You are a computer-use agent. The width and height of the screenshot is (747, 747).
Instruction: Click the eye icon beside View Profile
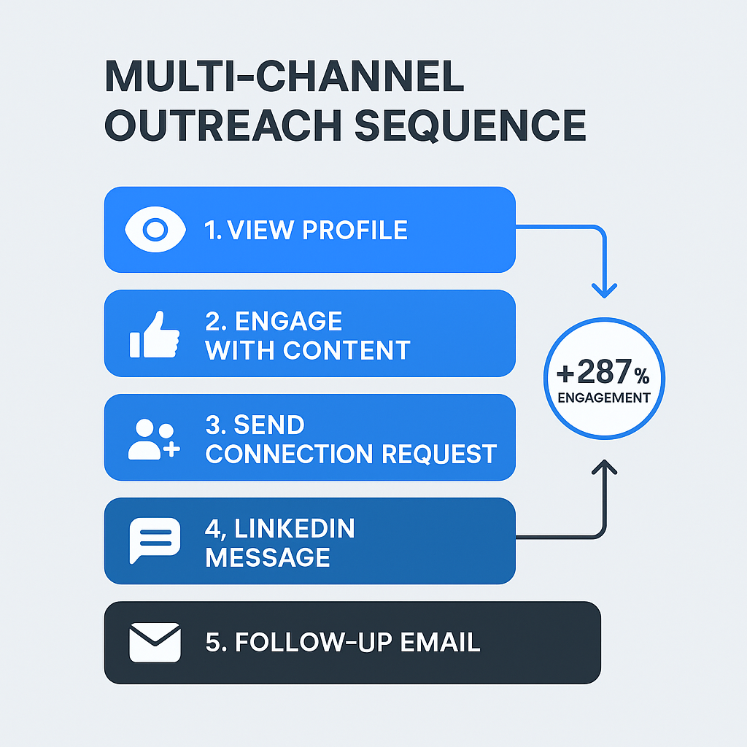[x=154, y=230]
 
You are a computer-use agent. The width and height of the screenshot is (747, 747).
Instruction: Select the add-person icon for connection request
[x=154, y=440]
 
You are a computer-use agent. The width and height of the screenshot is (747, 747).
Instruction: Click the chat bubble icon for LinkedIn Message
[x=154, y=541]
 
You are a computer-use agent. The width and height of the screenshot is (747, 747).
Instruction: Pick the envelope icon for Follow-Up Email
[x=154, y=642]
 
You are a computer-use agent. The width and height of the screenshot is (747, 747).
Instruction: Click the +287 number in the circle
[x=592, y=373]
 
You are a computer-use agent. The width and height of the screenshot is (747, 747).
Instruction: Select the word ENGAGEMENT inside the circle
[x=604, y=398]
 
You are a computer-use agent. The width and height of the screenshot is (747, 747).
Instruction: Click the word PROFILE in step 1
[x=355, y=231]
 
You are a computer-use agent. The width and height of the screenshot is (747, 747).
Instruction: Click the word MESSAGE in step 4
[x=268, y=558]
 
